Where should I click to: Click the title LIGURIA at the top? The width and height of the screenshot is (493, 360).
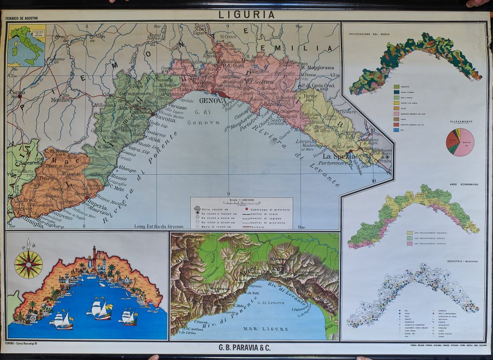pyautogui.click(x=246, y=14)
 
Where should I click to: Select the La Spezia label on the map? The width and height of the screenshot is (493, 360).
pyautogui.click(x=338, y=157)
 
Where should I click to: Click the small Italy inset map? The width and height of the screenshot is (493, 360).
pyautogui.click(x=26, y=45)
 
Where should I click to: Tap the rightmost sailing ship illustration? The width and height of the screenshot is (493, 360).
pyautogui.click(x=129, y=317)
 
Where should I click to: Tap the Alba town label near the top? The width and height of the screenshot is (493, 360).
pyautogui.click(x=101, y=36)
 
